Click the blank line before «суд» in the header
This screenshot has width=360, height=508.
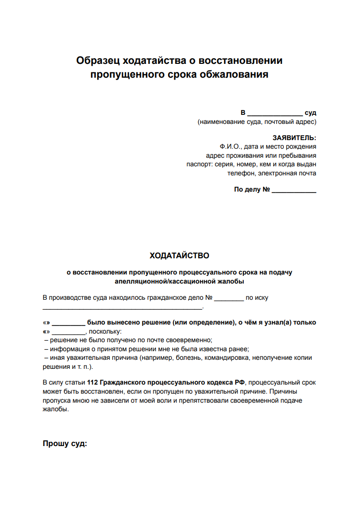point(275,113)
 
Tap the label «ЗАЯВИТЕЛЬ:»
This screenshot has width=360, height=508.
point(294,138)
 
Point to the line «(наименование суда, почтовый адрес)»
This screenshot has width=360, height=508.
point(257,122)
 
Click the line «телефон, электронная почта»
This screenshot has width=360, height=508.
point(272,173)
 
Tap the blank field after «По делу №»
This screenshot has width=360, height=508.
point(294,190)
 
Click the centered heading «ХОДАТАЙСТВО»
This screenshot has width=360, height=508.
point(180,256)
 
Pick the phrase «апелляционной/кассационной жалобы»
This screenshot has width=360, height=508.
point(180,282)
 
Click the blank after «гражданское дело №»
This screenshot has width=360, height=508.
point(229,298)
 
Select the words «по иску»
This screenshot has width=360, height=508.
point(257,298)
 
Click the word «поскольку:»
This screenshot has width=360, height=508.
point(105,331)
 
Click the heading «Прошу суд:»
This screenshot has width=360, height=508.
point(65,444)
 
